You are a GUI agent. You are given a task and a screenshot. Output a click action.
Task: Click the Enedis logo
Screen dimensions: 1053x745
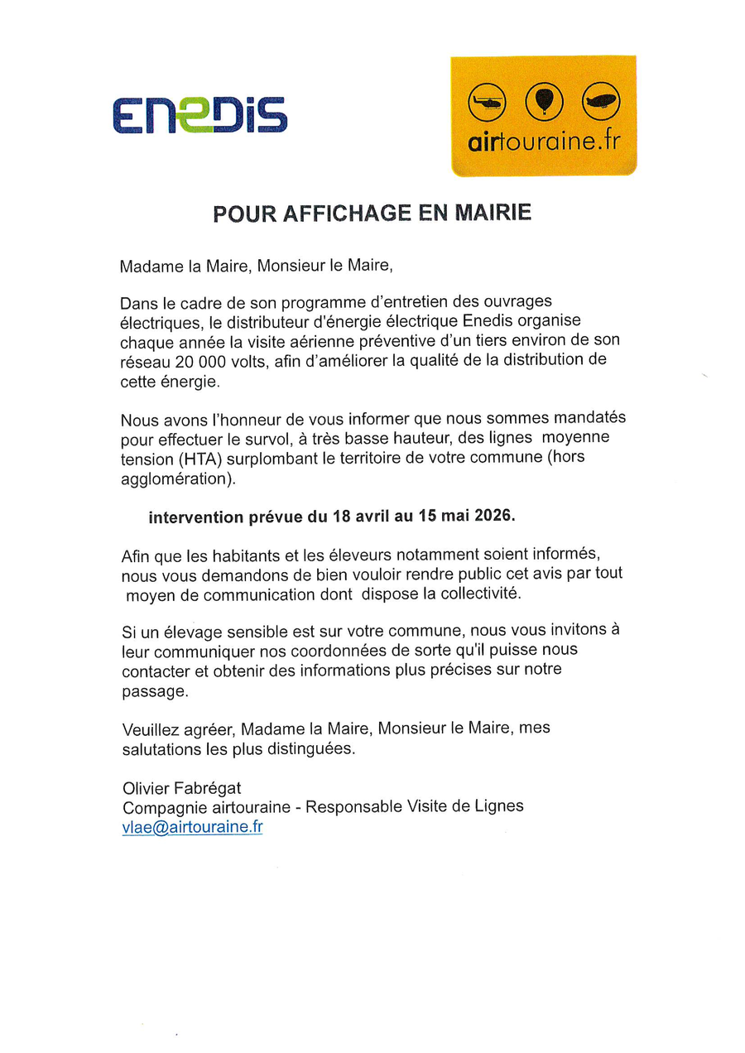199,115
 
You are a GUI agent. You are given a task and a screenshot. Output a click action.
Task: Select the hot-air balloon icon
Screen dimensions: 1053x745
543,102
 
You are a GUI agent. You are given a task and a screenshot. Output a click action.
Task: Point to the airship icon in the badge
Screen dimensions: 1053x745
600,102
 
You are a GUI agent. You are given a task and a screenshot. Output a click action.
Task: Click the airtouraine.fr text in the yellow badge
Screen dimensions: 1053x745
543,142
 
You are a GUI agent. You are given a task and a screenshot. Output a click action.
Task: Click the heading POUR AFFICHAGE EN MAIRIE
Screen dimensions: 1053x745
372,214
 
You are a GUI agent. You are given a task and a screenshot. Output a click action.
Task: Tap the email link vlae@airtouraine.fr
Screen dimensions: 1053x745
192,827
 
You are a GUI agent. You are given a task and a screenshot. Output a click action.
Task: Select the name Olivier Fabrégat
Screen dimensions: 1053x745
182,787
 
